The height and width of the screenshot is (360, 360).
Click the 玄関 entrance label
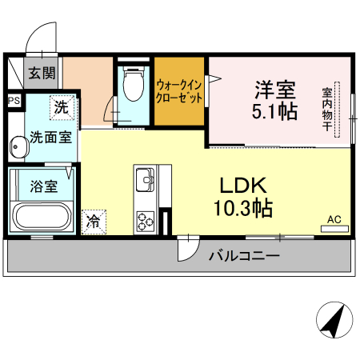tap(42, 74)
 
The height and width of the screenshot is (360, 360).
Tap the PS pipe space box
tap(14, 101)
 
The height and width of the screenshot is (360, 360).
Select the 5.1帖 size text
tap(277, 111)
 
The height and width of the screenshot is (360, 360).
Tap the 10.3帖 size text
tap(243, 210)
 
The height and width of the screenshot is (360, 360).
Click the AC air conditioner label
tap(334, 218)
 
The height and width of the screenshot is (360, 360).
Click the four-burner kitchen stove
tap(146, 219)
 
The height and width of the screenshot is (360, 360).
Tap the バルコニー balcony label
tap(244, 257)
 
